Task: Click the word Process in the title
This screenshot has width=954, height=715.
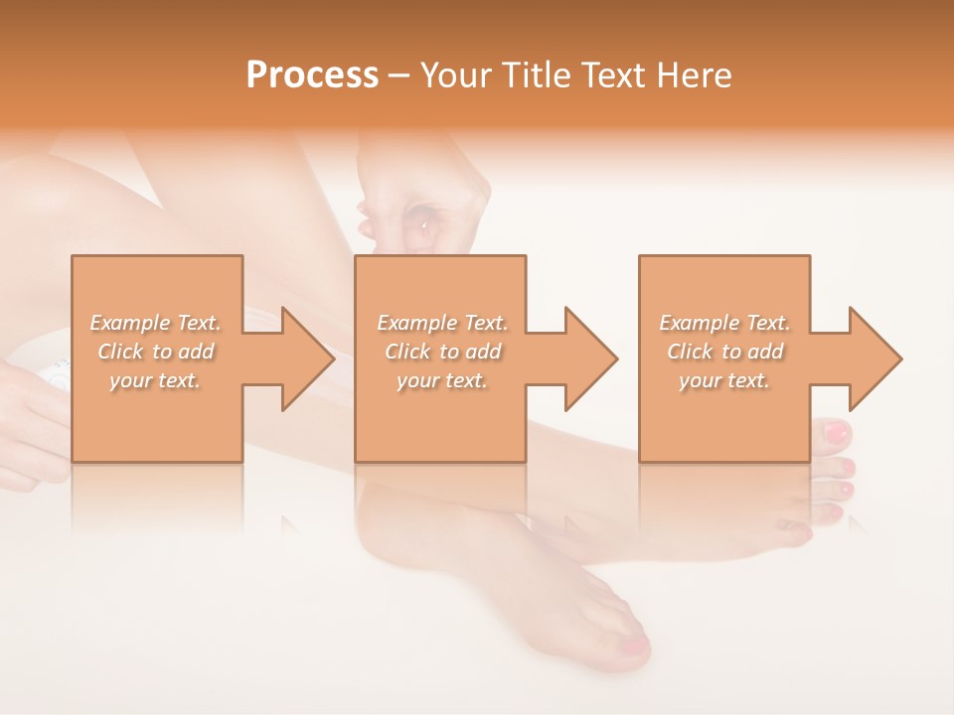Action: pos(312,75)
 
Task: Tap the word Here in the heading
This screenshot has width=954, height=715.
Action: pos(694,75)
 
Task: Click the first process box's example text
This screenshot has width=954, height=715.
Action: pos(156,352)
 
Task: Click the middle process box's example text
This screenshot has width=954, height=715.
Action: pos(442,352)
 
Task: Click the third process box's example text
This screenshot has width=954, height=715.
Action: pos(724,352)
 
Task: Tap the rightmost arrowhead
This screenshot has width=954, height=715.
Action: pos(878,358)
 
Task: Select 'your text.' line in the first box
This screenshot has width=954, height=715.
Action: pos(156,380)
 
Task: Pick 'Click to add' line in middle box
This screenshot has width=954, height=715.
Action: pos(442,352)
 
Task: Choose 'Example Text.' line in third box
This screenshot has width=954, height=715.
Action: pos(724,323)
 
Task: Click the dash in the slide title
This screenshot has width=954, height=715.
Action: pos(398,77)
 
